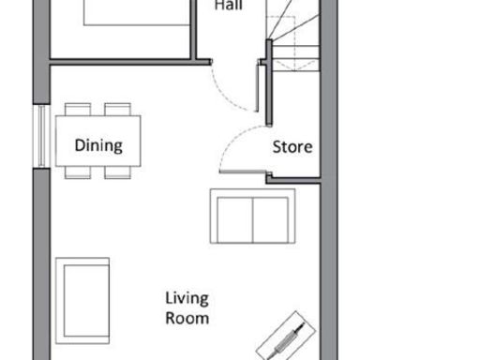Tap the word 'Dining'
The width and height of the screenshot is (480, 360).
tap(98, 146)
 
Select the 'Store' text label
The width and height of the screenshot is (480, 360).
tap(292, 147)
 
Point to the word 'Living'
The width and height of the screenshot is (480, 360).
tap(187, 299)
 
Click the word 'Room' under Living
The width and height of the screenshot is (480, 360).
tap(187, 318)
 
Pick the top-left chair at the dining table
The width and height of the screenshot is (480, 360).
tap(78, 109)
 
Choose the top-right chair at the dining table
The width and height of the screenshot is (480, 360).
tap(117, 109)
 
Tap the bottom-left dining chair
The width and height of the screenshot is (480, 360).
tap(78, 172)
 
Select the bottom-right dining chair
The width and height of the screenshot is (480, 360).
tap(117, 172)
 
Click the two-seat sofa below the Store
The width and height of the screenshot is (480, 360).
tap(252, 216)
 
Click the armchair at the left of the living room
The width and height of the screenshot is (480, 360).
tap(82, 297)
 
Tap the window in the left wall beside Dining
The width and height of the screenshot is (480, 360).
tap(40, 137)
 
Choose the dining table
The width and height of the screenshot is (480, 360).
tap(98, 141)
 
